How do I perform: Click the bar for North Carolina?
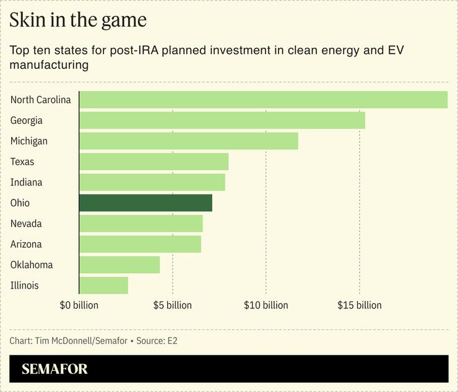tap(263, 100)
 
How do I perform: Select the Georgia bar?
tap(222, 120)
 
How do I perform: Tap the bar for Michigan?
tap(188, 141)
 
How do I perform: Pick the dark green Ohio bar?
tap(145, 203)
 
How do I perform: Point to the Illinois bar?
tap(103, 285)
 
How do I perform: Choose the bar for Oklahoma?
tap(119, 264)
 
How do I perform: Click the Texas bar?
tap(153, 162)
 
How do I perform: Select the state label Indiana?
tap(27, 182)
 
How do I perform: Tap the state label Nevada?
tap(26, 224)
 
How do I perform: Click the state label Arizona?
tap(27, 244)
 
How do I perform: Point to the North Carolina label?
tap(41, 100)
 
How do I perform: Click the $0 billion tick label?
tap(79, 305)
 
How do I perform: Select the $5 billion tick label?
tap(172, 305)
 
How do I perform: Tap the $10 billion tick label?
tap(266, 305)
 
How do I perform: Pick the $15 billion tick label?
tap(359, 305)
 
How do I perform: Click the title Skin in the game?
tap(78, 20)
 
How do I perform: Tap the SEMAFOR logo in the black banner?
tap(54, 369)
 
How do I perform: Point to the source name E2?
tap(171, 341)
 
